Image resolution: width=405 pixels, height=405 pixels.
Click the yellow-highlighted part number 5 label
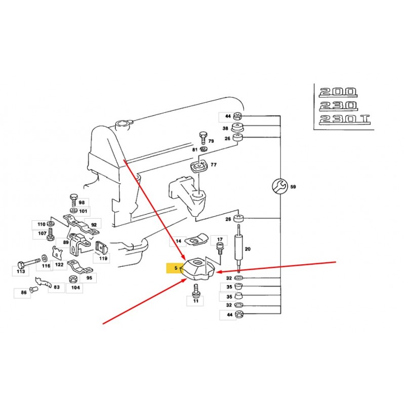175,267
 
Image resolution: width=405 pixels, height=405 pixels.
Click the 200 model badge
338,92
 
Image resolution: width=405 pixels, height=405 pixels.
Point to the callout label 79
211,141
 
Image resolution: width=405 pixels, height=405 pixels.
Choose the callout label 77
213,165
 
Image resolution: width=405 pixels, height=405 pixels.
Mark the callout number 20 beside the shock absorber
248,249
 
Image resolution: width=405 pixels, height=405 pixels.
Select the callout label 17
219,239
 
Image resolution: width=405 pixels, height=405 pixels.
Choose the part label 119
103,258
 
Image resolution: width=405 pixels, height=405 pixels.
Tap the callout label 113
20,271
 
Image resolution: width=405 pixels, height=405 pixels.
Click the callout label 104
74,288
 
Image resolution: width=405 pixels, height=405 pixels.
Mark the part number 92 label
94,224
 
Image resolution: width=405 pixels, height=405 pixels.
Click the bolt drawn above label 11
196,290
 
